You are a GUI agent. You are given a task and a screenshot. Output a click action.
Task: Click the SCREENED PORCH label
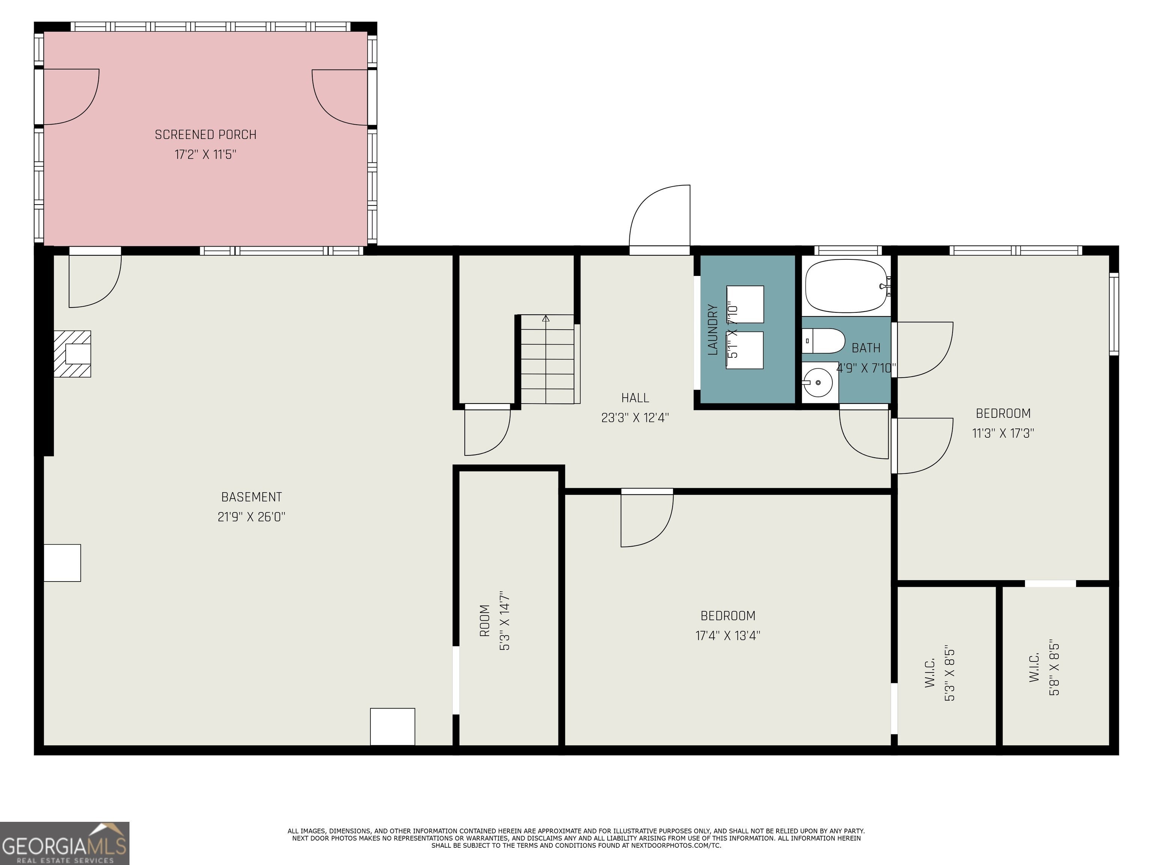(x=206, y=134)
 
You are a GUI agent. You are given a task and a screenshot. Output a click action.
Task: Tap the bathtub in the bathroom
(x=846, y=286)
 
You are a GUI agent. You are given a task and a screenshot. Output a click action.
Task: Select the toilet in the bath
(x=823, y=341)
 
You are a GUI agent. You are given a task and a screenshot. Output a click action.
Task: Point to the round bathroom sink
(x=817, y=383)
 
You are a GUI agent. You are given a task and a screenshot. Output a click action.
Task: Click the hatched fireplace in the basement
(x=72, y=354)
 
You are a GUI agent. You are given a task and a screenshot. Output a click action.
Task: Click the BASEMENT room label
(x=252, y=497)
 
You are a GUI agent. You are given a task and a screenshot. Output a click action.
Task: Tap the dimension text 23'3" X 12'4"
(x=635, y=417)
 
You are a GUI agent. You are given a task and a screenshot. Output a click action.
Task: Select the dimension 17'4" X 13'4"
(x=728, y=636)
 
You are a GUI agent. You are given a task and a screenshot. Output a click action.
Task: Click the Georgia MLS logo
(x=65, y=843)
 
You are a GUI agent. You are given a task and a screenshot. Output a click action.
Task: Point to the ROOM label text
(x=485, y=621)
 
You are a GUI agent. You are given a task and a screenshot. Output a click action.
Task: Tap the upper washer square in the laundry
(x=745, y=304)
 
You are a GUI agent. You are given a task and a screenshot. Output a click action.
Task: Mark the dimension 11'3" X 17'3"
(x=1003, y=433)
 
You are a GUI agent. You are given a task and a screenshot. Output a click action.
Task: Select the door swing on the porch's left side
(x=71, y=97)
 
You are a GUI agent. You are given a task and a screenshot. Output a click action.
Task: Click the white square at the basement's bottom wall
(x=393, y=726)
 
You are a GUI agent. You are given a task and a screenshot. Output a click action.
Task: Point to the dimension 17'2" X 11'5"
(x=205, y=154)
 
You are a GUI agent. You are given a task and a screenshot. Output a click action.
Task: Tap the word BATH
(x=866, y=348)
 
